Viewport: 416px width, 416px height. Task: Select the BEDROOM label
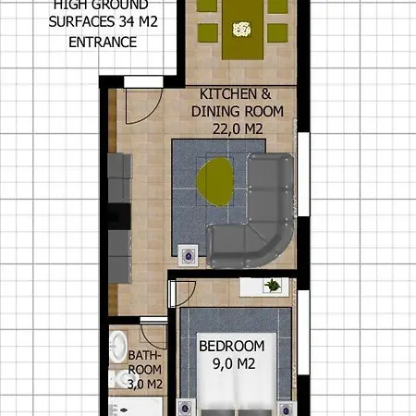pyautogui.click(x=232, y=347)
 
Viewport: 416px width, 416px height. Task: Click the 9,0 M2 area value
pyautogui.click(x=232, y=364)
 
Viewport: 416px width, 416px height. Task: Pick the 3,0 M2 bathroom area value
pyautogui.click(x=145, y=384)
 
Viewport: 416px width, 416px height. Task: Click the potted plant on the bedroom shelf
pyautogui.click(x=273, y=287)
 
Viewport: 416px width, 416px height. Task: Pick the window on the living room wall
pyautogui.click(x=301, y=176)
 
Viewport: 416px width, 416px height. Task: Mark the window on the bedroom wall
pyautogui.click(x=301, y=342)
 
